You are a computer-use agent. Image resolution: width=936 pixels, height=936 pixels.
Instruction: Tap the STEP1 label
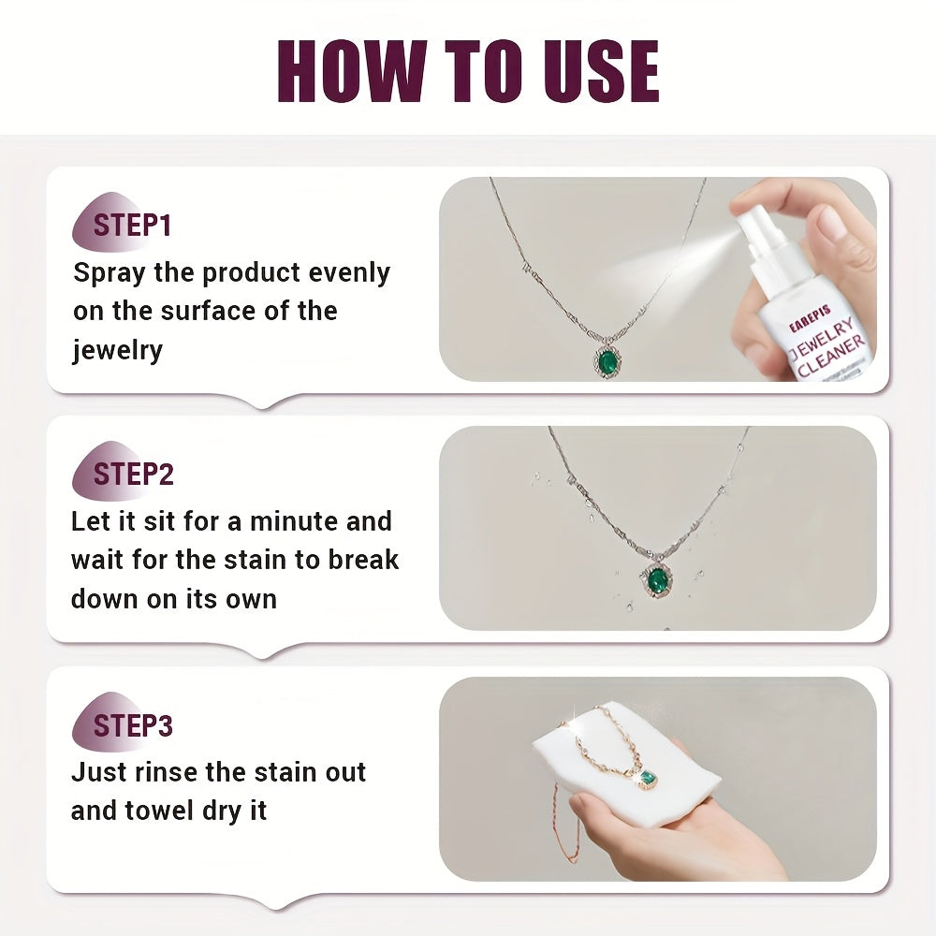[132, 226]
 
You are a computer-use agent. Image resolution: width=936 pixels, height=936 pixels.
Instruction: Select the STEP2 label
[133, 474]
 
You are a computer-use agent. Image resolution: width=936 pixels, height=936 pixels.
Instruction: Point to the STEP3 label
[133, 725]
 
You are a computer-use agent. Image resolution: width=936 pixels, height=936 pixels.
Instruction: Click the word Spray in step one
[110, 273]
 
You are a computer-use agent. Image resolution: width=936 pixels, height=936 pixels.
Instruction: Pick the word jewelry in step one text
[118, 350]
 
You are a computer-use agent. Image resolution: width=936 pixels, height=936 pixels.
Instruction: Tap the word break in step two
[363, 560]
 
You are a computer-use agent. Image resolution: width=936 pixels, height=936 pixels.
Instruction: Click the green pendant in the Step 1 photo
[608, 359]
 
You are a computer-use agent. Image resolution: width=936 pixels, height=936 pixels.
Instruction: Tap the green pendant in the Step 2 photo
[657, 579]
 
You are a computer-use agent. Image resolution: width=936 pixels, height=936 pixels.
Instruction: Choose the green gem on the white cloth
[647, 777]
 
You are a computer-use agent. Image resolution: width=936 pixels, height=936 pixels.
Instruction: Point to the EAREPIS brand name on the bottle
[810, 319]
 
